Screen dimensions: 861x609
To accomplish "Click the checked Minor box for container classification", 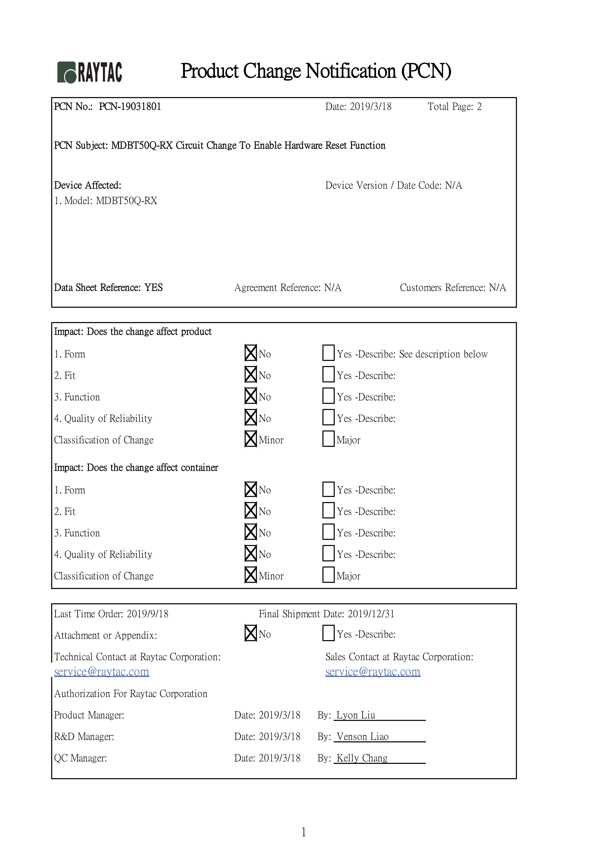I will pos(251,574).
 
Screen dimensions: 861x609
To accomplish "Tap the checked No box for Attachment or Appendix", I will pos(251,633).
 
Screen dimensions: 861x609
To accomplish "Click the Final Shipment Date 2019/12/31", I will pos(371,614).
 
